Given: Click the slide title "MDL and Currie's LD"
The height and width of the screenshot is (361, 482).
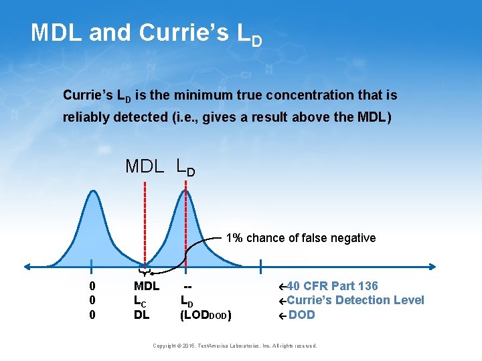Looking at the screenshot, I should (x=146, y=33).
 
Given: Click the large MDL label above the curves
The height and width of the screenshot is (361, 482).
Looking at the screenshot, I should (x=144, y=166).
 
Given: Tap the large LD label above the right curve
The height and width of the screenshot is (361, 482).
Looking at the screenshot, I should (x=185, y=166).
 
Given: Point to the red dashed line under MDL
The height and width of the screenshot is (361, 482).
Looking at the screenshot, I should (x=145, y=221).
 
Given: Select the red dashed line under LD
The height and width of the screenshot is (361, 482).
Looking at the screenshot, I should (x=185, y=221).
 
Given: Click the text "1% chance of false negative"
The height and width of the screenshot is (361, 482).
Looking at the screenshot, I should (x=301, y=238).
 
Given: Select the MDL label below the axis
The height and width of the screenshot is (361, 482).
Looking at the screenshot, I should (x=147, y=286).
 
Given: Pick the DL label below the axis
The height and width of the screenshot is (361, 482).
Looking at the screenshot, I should (x=141, y=314).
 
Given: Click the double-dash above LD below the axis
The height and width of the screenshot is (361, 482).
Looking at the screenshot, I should (x=189, y=286).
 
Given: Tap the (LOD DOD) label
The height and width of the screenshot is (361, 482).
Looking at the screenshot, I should (x=206, y=315).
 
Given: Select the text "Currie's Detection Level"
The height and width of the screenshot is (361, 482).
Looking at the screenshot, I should (x=355, y=300).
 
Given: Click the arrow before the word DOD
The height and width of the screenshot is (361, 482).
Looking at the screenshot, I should (x=283, y=315).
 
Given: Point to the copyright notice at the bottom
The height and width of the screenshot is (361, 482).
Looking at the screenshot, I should (x=234, y=346).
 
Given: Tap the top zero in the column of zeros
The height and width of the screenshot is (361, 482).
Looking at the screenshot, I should (x=92, y=286).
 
